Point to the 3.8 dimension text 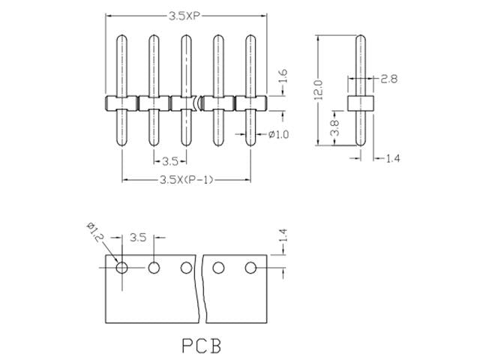[335, 128]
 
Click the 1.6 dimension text [283, 77]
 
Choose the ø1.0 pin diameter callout [278, 134]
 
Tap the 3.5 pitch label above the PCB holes [138, 238]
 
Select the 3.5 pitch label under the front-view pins [170, 160]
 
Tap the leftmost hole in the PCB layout [121, 266]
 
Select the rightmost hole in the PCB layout [251, 267]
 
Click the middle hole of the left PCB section [154, 267]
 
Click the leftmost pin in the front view [121, 90]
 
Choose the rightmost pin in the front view [250, 90]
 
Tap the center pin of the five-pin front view [186, 90]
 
